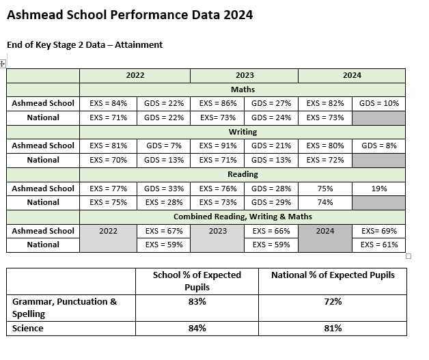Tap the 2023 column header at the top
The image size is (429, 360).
(x=245, y=75)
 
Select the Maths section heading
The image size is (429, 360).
(x=243, y=89)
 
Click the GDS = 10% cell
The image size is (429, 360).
(x=379, y=103)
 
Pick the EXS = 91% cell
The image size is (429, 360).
(x=218, y=146)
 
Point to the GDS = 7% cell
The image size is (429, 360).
(x=164, y=146)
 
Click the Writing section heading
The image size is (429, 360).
(x=243, y=132)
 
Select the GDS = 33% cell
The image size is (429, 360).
(x=164, y=189)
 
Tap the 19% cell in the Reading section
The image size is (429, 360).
(x=379, y=189)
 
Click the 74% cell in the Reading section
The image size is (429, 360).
(x=325, y=202)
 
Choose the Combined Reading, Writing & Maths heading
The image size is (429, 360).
(x=243, y=217)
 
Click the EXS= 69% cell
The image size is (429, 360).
(x=379, y=231)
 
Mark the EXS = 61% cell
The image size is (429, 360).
(x=379, y=245)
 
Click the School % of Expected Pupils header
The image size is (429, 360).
(x=197, y=281)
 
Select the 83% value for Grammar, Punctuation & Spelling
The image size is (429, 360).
(x=197, y=301)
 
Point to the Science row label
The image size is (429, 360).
(x=27, y=329)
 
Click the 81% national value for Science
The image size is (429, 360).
(x=333, y=329)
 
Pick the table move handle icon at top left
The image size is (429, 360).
(x=2, y=64)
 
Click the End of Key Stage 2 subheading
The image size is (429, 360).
(x=85, y=45)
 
